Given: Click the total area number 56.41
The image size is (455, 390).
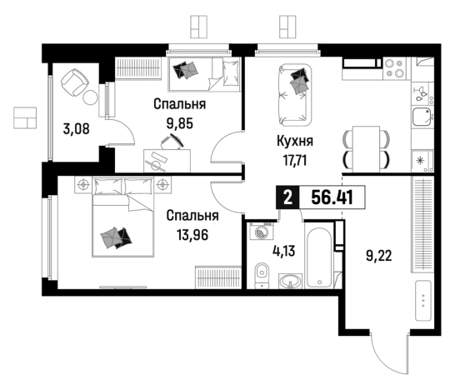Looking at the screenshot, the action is click(x=332, y=197).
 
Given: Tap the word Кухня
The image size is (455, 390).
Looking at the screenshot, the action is click(x=295, y=141).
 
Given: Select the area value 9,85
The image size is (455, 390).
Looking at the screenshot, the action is click(x=180, y=123).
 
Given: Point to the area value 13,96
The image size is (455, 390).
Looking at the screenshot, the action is click(x=192, y=235).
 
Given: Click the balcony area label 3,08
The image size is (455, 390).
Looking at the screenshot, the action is click(x=77, y=129).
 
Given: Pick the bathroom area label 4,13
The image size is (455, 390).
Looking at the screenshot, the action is click(x=284, y=251).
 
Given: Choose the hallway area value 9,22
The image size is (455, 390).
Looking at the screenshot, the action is click(x=379, y=256).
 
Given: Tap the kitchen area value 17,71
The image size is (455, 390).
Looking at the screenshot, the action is click(x=295, y=160).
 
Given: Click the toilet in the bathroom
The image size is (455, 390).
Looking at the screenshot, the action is click(x=262, y=276).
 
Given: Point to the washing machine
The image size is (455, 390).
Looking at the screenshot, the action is click(x=262, y=231).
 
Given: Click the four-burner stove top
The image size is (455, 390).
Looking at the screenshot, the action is click(x=394, y=68).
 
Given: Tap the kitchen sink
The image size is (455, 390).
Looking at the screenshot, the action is click(x=422, y=117).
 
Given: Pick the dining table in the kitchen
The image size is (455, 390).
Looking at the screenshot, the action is click(x=366, y=149).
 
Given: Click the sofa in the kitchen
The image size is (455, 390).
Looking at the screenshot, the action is click(x=295, y=95).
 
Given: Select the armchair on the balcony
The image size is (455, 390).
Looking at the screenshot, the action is click(x=74, y=82).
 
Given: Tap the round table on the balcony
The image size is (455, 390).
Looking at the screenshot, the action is click(x=90, y=97).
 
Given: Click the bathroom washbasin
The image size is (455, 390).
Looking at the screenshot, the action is click(x=290, y=281).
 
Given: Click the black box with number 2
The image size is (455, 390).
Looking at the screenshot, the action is click(x=287, y=197).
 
